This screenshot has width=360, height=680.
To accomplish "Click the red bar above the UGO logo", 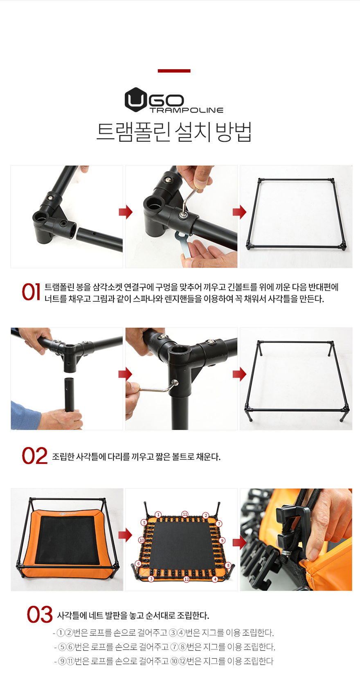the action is coord(174,71).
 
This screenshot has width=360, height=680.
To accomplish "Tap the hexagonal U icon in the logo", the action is coord(135,99).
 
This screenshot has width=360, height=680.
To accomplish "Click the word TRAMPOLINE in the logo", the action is coord(186,110).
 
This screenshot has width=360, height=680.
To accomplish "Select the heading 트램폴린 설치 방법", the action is coord(174,132).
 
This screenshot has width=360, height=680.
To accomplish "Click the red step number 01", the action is coord(31,292).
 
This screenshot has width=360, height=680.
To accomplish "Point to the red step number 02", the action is coord(35,456).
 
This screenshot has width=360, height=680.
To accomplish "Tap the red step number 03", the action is coord(40,614).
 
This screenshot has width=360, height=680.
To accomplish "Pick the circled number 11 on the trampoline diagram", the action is coord(185,514).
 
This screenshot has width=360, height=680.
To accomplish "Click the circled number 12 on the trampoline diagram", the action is coord(187,579).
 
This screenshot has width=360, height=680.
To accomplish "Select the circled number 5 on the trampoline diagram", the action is coord(144,522).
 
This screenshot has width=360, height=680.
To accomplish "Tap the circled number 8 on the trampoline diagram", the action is coord(228,565).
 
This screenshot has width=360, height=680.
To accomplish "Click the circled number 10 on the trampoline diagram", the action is coord(142,540).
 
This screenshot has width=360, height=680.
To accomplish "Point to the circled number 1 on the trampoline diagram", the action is coord(158,515).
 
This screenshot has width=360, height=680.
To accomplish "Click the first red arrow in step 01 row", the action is coord(126,212).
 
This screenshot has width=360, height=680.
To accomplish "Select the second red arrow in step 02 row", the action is coord(240,374).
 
